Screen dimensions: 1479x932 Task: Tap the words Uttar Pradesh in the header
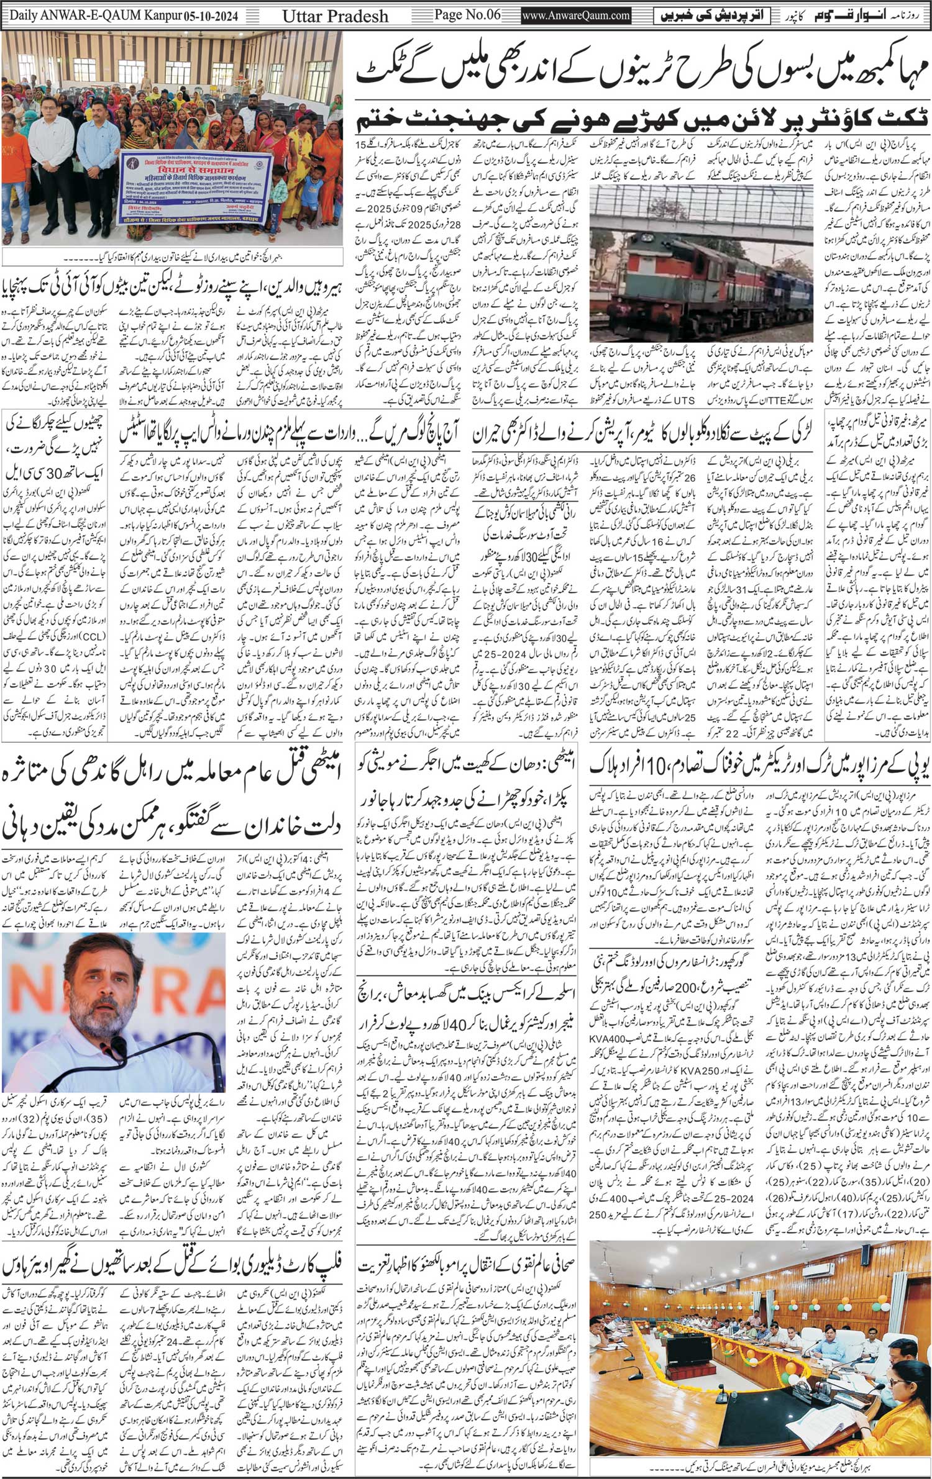pos(336,16)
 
